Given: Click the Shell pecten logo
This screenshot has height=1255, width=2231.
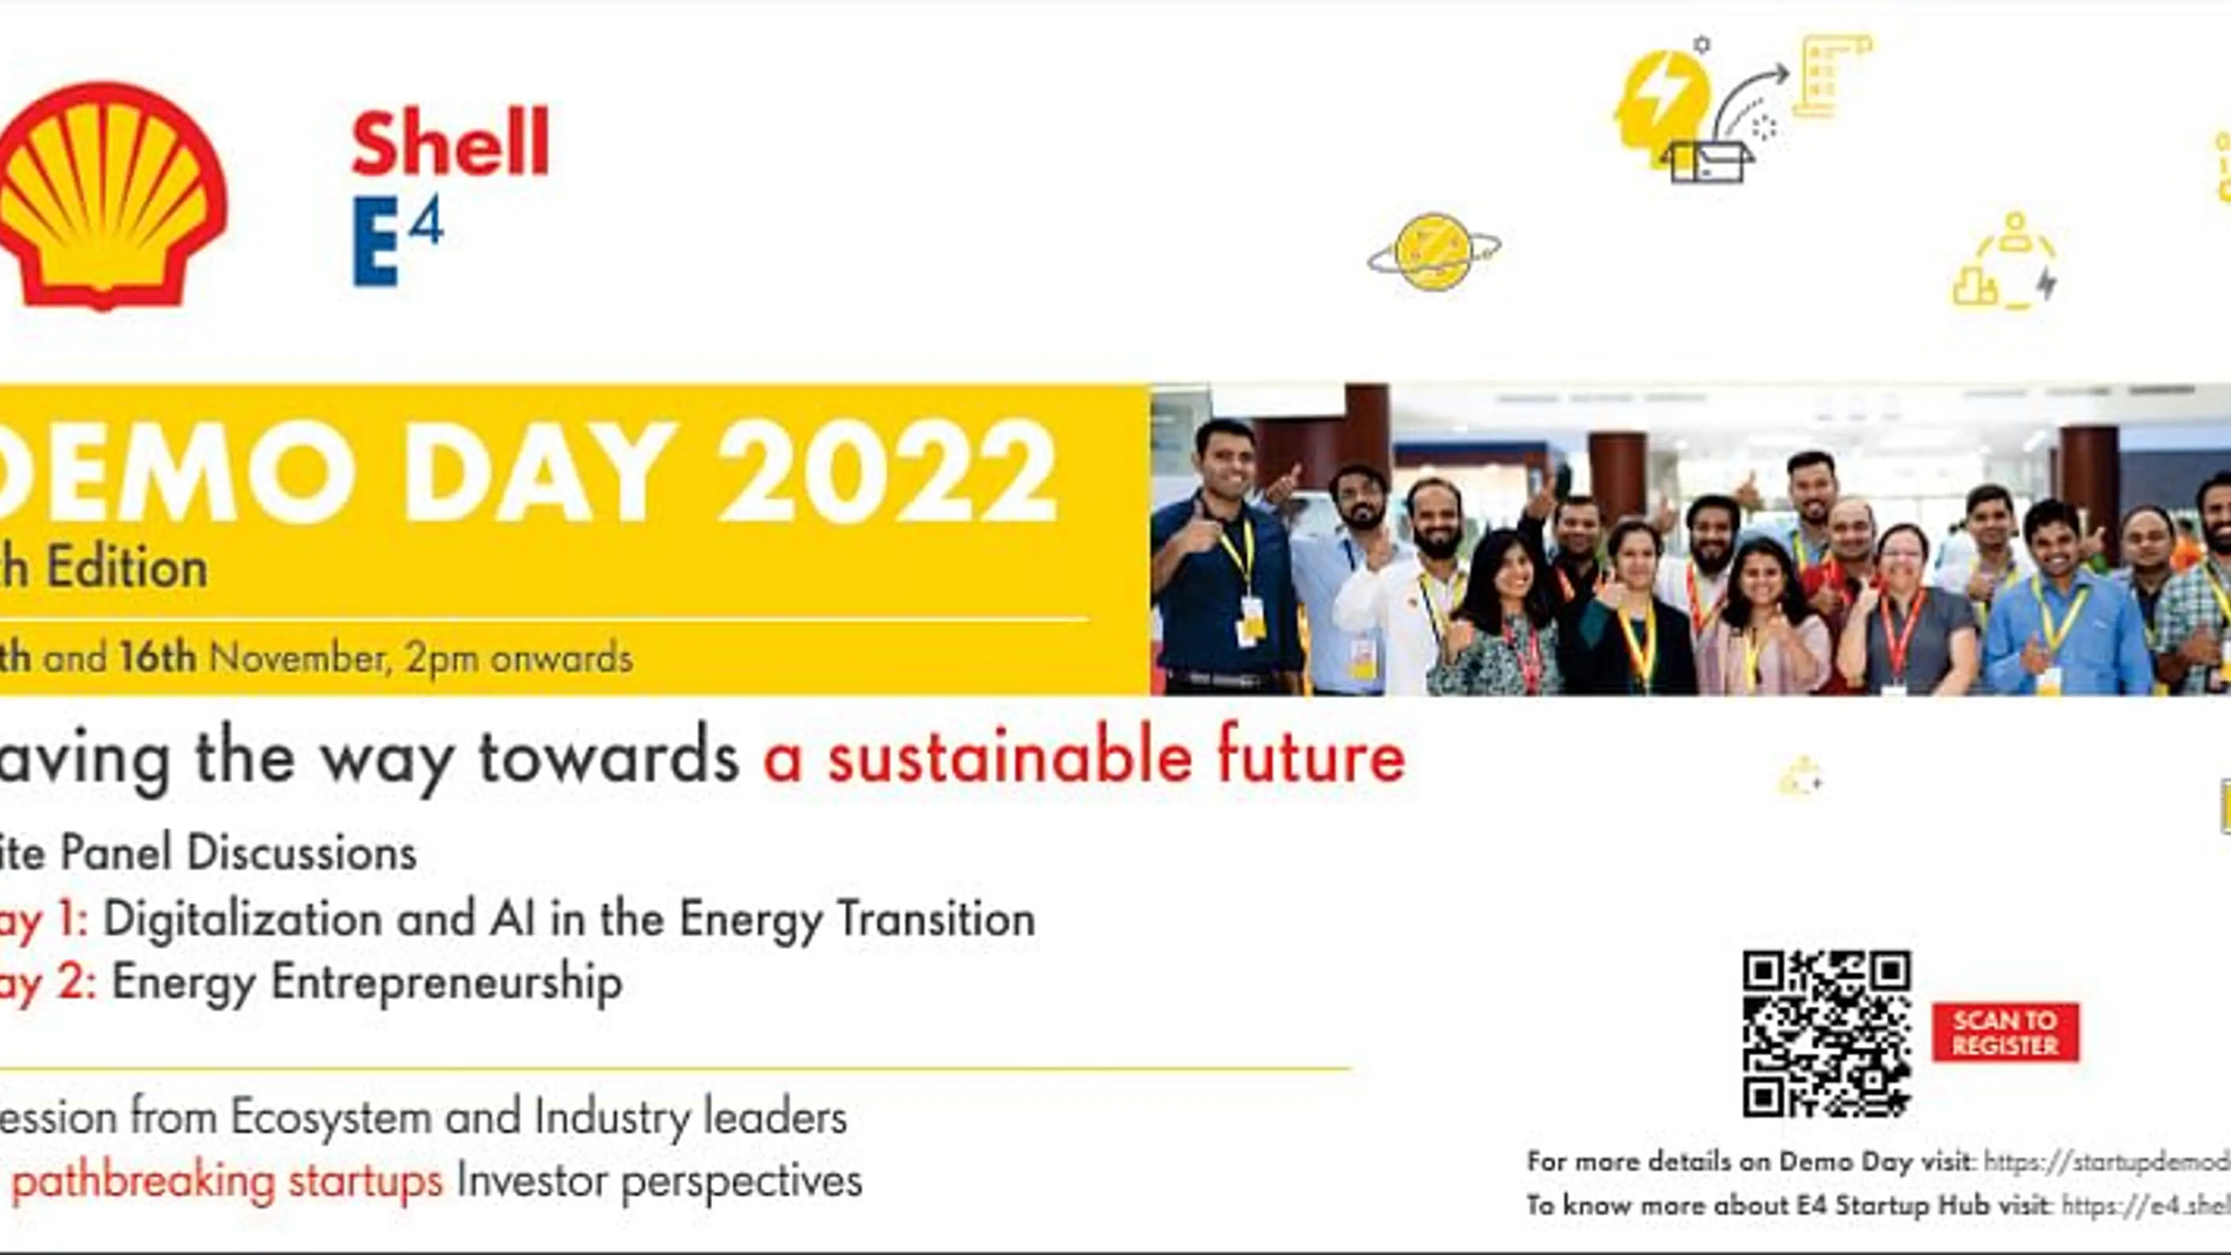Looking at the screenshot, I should (108, 195).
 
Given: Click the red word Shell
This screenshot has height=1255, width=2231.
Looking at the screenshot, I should (450, 143).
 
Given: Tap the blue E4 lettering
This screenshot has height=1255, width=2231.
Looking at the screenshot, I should (397, 240).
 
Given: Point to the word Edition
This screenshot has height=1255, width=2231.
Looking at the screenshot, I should (127, 569).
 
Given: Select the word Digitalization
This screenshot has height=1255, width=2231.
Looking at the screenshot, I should (242, 919).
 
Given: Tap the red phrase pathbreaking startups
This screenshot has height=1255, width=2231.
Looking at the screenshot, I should (227, 1181).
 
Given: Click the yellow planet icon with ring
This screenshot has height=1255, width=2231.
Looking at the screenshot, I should (1433, 251).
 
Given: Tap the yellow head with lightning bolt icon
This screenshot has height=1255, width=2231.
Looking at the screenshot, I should (1659, 99).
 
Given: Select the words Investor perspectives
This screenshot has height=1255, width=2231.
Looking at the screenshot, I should (659, 1181).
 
